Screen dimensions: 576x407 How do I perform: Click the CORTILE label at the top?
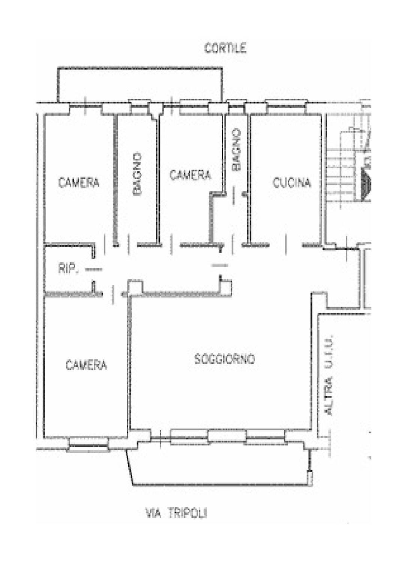(x=225, y=48)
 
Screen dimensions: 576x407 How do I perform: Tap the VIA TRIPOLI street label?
(x=176, y=513)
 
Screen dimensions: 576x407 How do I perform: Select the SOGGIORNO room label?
(x=224, y=359)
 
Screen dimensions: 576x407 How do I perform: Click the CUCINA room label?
(x=291, y=183)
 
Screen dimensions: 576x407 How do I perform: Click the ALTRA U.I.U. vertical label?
(x=329, y=375)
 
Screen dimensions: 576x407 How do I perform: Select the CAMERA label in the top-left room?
(x=79, y=183)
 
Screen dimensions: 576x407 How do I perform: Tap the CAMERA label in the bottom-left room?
(x=86, y=365)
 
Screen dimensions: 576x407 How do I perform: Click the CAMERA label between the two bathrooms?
(x=190, y=175)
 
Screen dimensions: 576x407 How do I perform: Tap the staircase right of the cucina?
(x=347, y=169)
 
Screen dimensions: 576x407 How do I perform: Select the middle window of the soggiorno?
(x=227, y=436)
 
